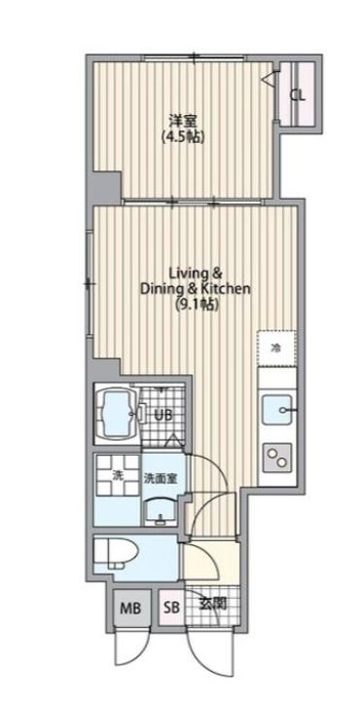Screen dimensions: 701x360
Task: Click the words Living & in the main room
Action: (197, 272)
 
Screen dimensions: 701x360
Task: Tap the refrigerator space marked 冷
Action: (276, 348)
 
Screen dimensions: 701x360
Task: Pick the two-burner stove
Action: (276, 455)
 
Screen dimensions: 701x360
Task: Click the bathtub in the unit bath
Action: (116, 415)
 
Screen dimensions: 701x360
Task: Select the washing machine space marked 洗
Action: (117, 477)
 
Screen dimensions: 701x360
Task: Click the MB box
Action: (129, 609)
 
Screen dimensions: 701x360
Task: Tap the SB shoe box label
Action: (171, 609)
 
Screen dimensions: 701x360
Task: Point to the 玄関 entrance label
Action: (212, 604)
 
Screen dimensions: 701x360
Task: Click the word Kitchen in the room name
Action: (229, 288)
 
